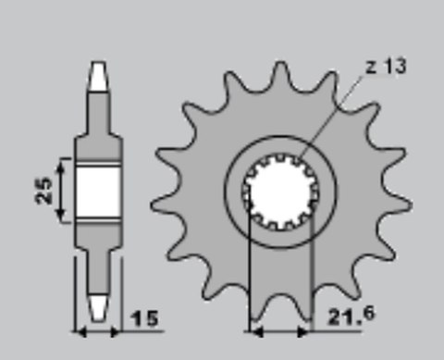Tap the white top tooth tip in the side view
coord(98,78)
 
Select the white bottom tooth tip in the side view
coord(98,304)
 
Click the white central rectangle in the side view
coord(98,191)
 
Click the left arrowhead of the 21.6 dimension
coord(254,330)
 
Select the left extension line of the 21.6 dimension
coord(249,278)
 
